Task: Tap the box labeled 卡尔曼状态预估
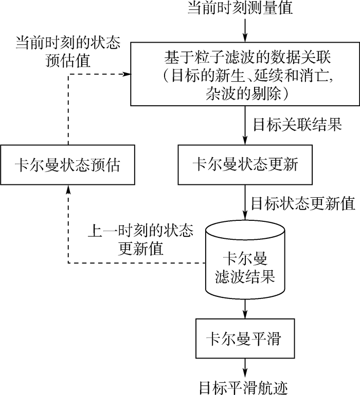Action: tap(68, 165)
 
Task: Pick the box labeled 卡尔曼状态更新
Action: tap(245, 165)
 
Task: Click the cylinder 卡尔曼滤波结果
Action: tap(245, 267)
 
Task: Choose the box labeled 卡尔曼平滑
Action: tap(245, 338)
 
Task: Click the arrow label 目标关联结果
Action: tap(297, 125)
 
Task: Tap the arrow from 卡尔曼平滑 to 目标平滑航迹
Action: tap(245, 367)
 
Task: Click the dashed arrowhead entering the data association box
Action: tap(125, 74)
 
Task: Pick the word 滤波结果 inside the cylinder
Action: tap(245, 278)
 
